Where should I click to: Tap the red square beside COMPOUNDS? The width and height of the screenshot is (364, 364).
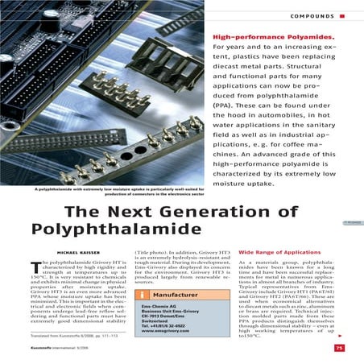click(x=353, y=15)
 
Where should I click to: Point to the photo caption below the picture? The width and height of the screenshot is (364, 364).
click(x=114, y=192)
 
